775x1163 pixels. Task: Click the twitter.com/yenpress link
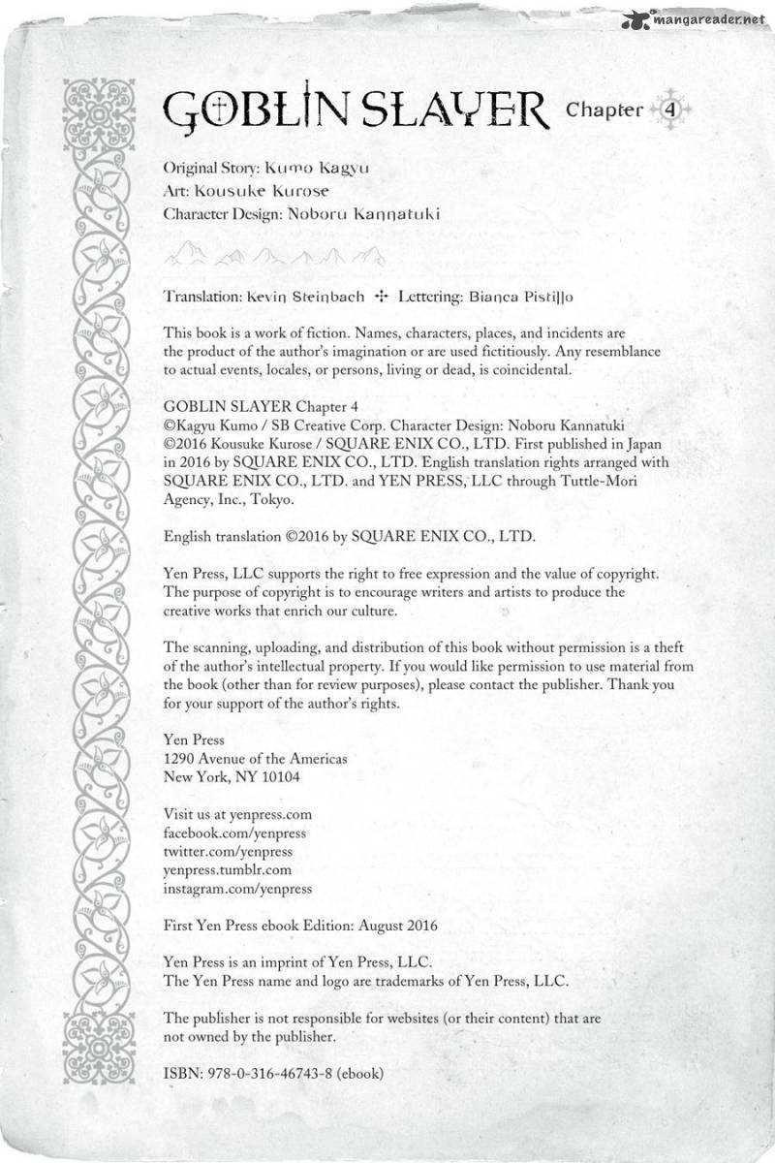point(229,851)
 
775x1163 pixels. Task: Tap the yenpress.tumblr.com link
point(229,869)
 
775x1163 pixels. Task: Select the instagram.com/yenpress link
point(238,888)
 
